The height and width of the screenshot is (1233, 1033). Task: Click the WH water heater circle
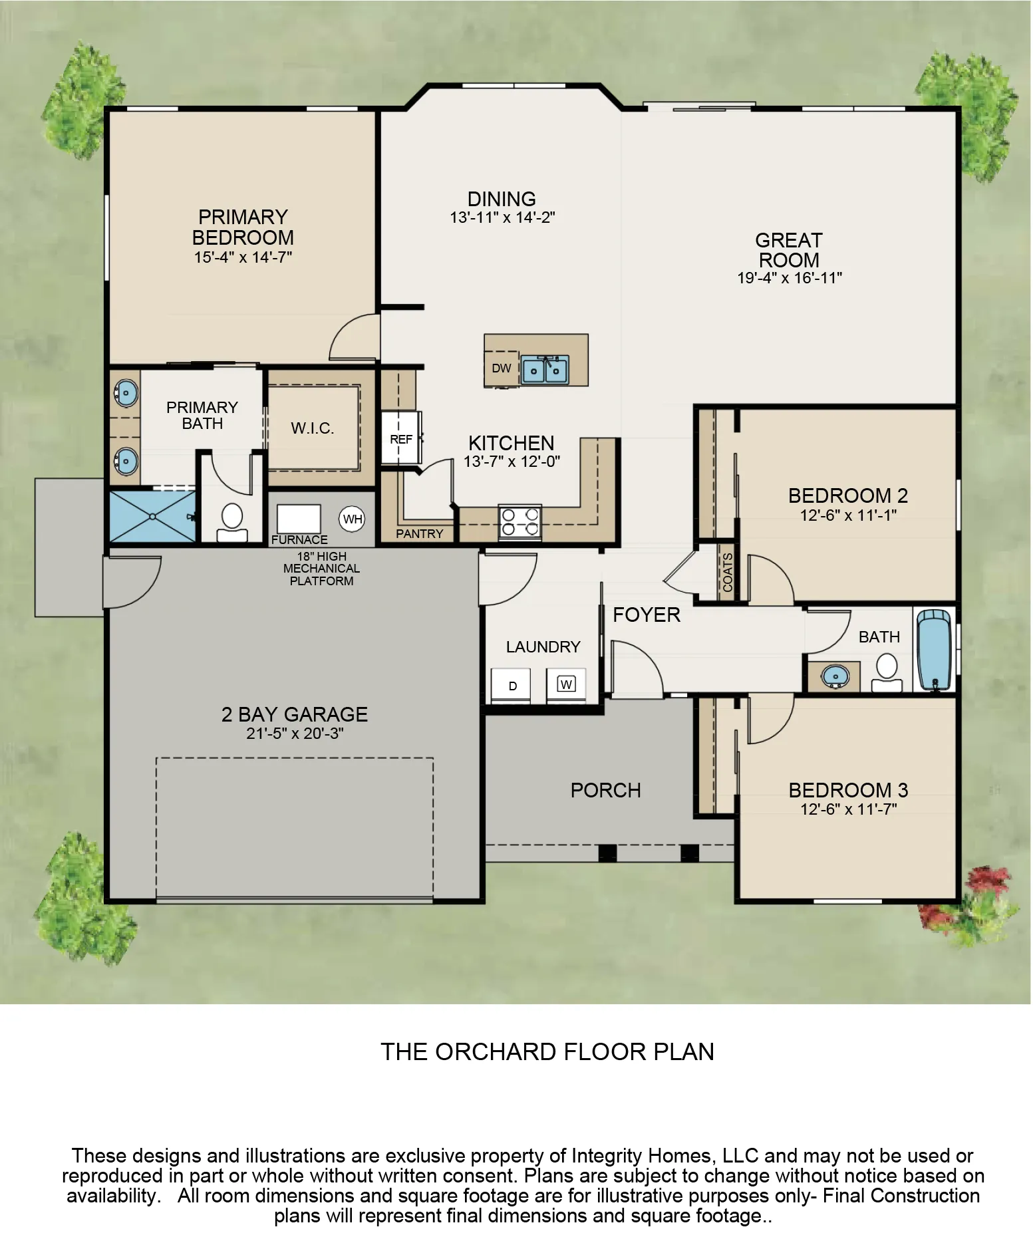353,518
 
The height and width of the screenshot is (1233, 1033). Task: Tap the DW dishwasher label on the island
501,368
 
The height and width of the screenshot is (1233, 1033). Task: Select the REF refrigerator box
400,439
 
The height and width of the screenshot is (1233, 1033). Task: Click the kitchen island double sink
545,369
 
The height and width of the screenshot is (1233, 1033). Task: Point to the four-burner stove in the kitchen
520,521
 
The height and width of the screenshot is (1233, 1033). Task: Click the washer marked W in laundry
566,684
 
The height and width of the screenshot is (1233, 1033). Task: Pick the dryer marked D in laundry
512,686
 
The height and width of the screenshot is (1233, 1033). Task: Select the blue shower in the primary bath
152,516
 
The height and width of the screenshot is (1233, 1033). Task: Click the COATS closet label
727,573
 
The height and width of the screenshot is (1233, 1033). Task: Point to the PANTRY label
419,533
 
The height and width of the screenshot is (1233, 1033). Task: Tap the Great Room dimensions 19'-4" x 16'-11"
789,278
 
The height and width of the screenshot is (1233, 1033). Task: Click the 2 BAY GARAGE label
294,714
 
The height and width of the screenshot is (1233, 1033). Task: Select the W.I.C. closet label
312,428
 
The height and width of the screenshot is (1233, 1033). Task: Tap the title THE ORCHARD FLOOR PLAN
547,1051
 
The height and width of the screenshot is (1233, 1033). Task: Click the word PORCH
605,790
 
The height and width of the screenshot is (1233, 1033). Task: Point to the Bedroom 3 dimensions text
848,809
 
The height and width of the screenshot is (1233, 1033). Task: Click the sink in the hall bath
834,676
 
